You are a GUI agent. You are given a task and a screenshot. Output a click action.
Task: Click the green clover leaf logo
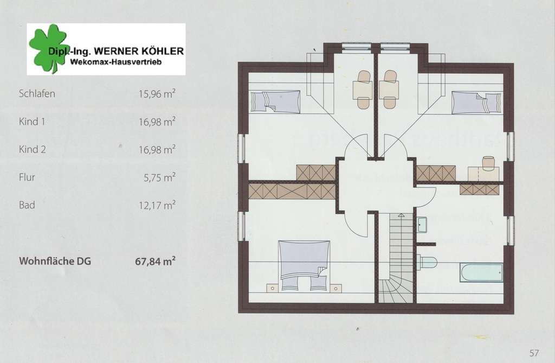pos(48,48)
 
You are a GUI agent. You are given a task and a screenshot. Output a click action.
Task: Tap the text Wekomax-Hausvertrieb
pos(116,62)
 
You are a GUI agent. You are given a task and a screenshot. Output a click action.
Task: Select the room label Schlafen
pos(37,93)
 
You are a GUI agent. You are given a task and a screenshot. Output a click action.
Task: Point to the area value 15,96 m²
pos(157,93)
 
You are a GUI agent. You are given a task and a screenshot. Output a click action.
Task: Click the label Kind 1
pos(32,122)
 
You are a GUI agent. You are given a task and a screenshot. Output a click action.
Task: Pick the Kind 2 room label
pos(32,149)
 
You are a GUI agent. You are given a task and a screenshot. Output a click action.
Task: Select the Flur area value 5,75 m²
pos(160,177)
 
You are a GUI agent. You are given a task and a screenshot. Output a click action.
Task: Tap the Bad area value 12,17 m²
pos(157,205)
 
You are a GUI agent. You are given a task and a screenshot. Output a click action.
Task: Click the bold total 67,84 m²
pos(156,261)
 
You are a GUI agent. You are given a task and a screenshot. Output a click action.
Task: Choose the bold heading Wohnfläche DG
pos(55,261)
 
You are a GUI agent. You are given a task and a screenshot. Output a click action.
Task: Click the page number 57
pos(534,353)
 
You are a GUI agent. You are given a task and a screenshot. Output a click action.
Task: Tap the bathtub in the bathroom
pos(481,272)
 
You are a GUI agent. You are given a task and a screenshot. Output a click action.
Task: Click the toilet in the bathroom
pos(427,262)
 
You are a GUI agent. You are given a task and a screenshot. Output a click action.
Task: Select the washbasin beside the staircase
pos(422,225)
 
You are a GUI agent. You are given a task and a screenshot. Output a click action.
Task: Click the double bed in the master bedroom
pos(304,266)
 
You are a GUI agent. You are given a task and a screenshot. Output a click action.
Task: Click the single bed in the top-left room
pos(275,102)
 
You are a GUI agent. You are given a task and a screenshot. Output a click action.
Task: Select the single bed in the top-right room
pos(476,103)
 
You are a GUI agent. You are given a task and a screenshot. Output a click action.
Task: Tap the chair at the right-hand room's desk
pos(488,161)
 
